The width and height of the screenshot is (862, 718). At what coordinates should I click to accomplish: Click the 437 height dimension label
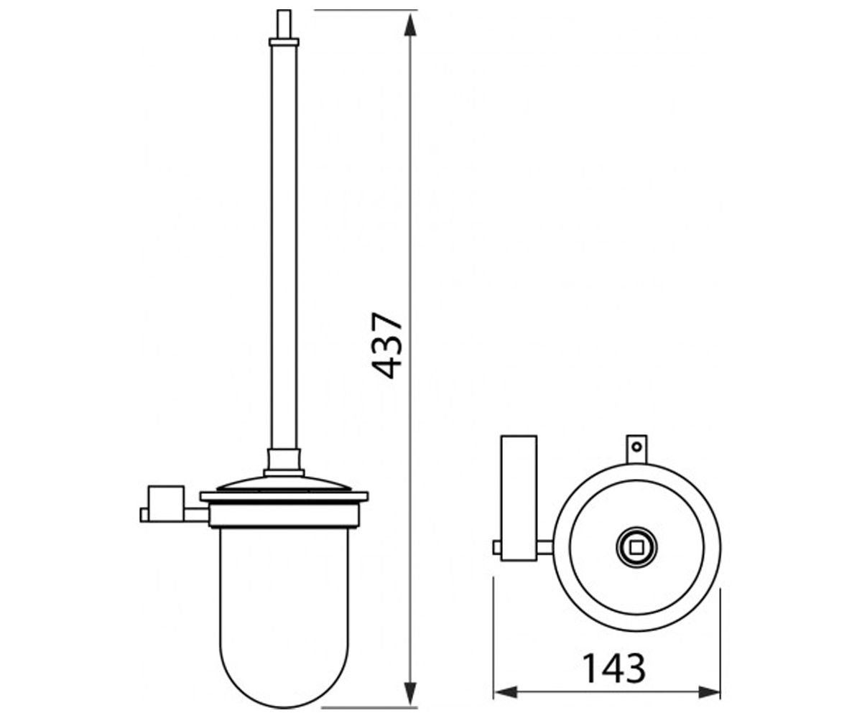point(386,345)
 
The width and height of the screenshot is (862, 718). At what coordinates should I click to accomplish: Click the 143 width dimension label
point(613,668)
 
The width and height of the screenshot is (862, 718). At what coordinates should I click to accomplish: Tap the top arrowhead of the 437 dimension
point(409,24)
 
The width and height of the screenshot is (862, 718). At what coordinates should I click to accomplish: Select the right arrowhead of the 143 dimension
point(709,692)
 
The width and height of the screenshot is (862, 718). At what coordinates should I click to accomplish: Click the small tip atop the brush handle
point(284,24)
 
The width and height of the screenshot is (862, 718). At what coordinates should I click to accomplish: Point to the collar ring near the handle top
point(284,42)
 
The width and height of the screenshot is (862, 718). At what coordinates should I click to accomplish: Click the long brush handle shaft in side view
point(284,247)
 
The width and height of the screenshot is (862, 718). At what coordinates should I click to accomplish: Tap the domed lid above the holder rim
point(284,485)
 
